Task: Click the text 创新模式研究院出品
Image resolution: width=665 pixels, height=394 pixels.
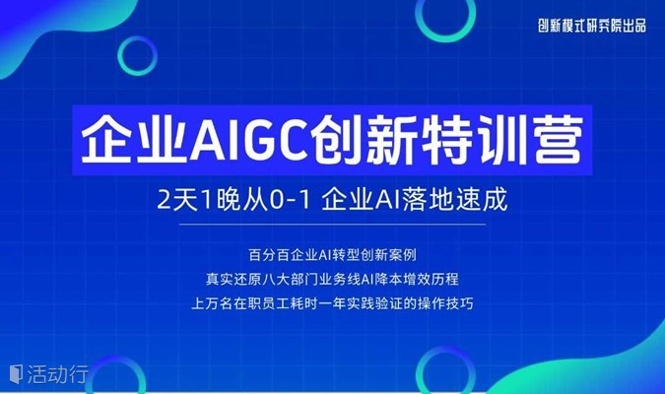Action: point(592,26)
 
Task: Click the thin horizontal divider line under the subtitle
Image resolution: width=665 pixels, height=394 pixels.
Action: point(332,225)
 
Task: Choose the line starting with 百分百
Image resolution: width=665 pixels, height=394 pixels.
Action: point(332,255)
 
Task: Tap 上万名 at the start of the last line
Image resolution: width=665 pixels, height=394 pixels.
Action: point(212,303)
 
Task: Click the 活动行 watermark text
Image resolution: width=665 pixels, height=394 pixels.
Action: point(58,374)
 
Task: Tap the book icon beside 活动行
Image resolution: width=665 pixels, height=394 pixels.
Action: point(16,374)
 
